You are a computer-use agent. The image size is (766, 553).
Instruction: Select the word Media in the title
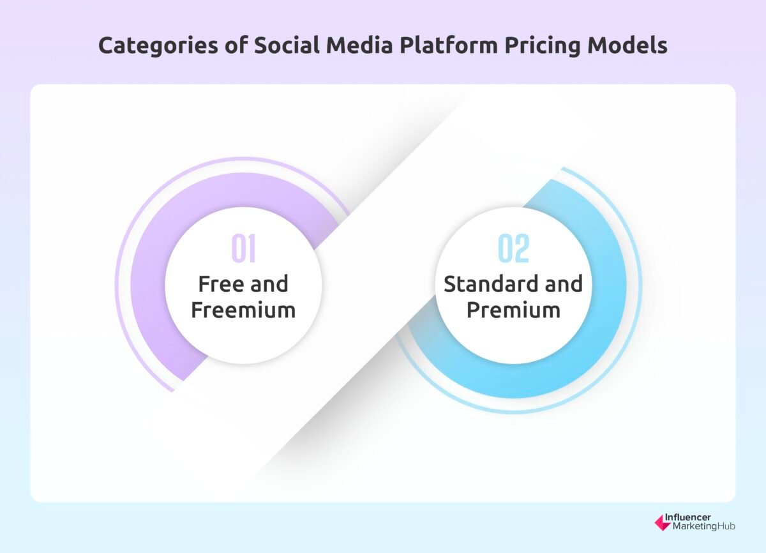344,47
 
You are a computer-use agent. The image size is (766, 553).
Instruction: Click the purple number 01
243,250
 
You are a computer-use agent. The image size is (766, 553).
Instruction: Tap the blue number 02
514,250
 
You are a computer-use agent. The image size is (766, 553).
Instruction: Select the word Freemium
243,310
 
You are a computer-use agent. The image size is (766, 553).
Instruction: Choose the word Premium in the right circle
513,310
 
